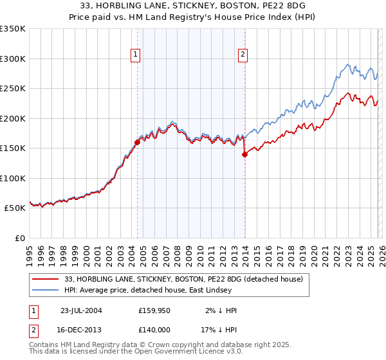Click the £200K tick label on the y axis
click(x=13, y=118)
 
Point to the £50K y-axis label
click(x=15, y=208)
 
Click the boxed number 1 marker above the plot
click(x=136, y=55)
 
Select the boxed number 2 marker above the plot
click(x=243, y=55)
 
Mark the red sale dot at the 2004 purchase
click(x=137, y=142)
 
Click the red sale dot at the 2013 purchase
click(x=244, y=154)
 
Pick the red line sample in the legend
click(x=47, y=279)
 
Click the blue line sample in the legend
click(x=47, y=291)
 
